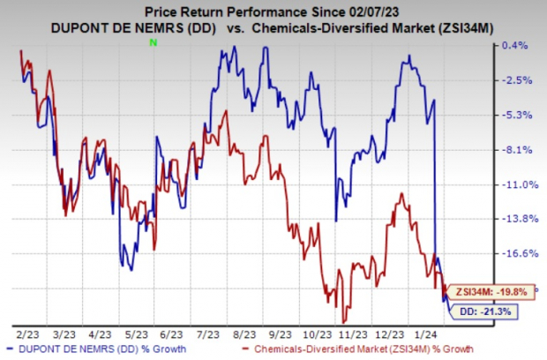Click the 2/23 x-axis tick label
[x=26, y=336]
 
